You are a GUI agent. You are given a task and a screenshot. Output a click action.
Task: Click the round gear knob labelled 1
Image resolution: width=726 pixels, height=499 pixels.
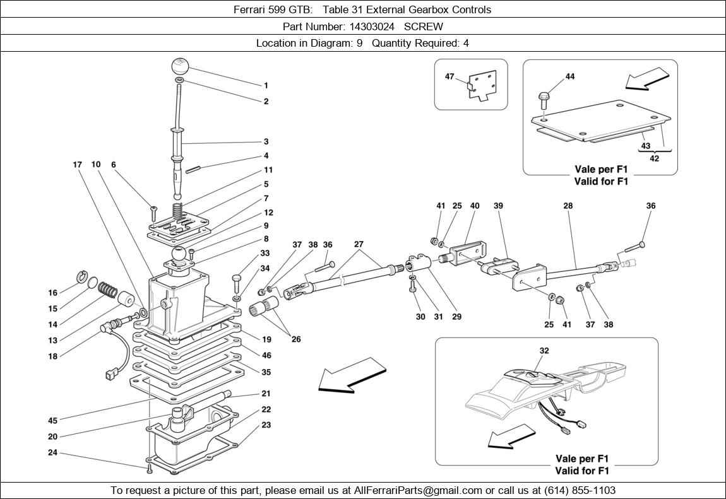click(x=180, y=66)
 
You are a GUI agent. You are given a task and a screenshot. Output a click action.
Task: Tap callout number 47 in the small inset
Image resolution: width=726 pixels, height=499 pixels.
click(x=449, y=76)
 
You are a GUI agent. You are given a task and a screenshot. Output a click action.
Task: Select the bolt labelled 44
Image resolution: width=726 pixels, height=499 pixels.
click(x=543, y=98)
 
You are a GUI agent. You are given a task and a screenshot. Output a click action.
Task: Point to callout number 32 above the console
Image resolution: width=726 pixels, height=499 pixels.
click(x=544, y=351)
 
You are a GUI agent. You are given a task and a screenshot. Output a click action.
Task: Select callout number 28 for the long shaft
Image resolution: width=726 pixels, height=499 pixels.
click(x=568, y=206)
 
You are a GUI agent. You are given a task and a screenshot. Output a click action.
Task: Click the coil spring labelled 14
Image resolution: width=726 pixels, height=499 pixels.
click(x=108, y=290)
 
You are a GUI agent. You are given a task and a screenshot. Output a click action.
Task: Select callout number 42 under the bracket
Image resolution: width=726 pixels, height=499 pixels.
click(x=654, y=158)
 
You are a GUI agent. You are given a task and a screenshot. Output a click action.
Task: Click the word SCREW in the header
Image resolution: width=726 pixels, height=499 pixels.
click(x=424, y=26)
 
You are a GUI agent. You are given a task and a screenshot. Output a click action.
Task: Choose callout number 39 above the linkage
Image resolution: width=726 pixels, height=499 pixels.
click(x=498, y=206)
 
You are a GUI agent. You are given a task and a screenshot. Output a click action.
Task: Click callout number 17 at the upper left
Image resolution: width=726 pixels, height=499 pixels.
click(x=77, y=165)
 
